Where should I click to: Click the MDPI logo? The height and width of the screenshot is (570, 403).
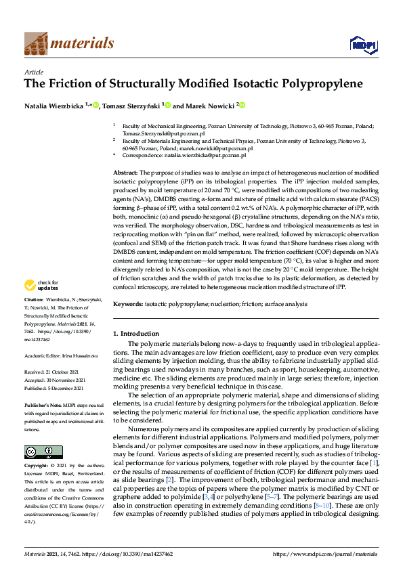(x=359, y=44)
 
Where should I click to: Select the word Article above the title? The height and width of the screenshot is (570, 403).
(x=33, y=72)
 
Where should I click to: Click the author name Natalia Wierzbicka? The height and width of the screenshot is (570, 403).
(x=54, y=106)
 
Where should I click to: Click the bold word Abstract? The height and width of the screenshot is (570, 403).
(x=125, y=173)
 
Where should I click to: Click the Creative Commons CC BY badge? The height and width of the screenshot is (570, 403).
(x=43, y=452)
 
